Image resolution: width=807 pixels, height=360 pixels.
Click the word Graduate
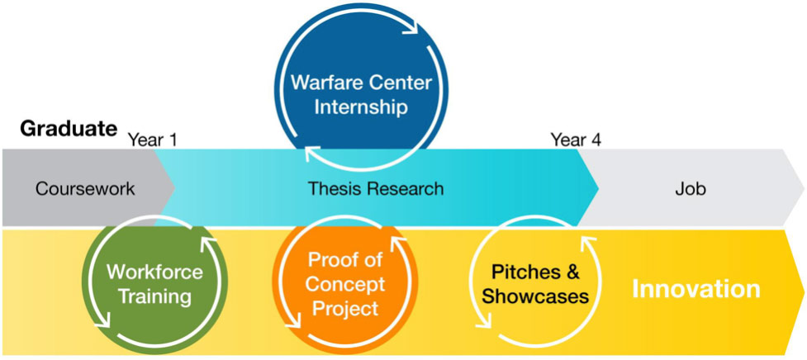(69, 128)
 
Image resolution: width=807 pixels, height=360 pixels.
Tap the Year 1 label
(153, 139)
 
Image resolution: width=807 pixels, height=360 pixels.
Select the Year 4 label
(576, 139)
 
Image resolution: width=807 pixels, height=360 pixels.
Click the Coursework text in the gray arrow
(85, 188)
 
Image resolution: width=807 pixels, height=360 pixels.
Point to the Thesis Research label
(376, 188)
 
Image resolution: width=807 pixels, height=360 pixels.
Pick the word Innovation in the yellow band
(695, 289)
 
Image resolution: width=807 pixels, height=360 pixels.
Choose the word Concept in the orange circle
(346, 285)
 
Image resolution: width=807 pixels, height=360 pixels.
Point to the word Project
(346, 308)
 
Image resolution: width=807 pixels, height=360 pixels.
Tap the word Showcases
(535, 296)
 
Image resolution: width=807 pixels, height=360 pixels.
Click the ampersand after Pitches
(572, 272)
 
